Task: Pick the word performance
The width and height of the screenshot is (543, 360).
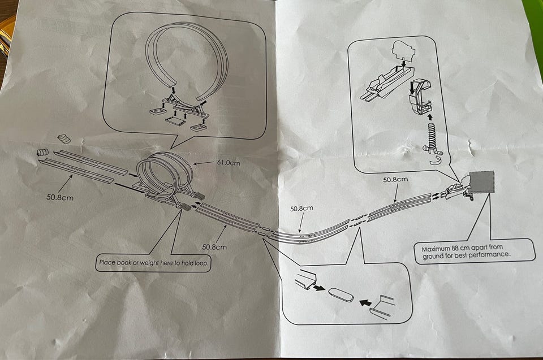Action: (x=492, y=255)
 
